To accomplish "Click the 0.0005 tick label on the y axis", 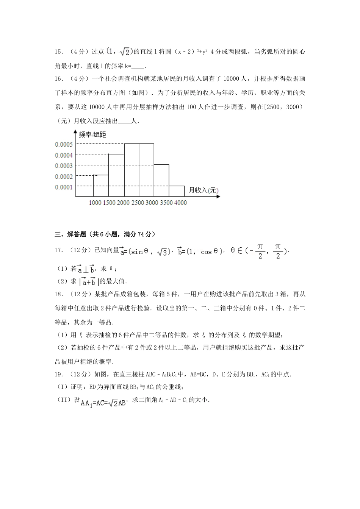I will point(64,144).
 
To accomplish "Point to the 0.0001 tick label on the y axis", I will point(64,187).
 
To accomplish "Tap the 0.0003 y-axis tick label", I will point(64,166).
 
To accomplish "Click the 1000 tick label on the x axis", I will point(95,203).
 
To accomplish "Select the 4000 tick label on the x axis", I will point(180,203).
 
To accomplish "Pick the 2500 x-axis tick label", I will point(138,203).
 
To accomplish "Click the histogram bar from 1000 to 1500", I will point(101,186).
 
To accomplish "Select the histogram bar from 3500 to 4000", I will point(177,191).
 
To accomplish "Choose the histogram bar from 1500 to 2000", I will point(116,175).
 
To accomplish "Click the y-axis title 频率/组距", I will point(92,134).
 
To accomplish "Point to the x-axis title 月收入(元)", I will point(203,190).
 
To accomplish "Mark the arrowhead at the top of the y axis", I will point(75,132).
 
